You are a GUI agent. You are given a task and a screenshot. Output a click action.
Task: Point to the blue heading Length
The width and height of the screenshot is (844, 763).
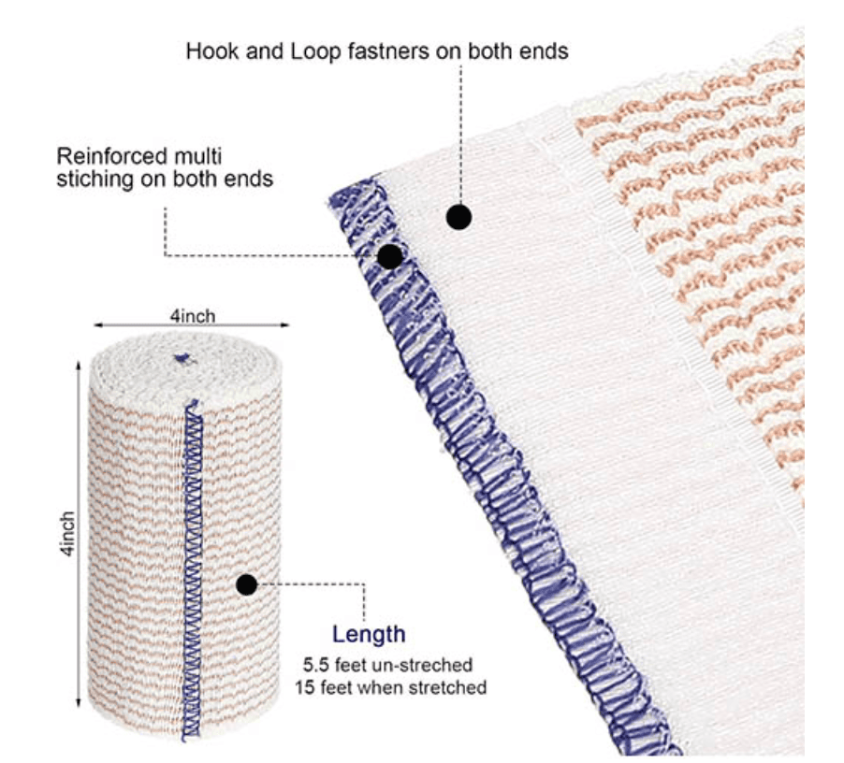click(369, 635)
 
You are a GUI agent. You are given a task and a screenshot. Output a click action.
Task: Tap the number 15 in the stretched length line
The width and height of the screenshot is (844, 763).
click(306, 687)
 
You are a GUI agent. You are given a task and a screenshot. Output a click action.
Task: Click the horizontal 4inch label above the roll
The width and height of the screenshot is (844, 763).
click(193, 316)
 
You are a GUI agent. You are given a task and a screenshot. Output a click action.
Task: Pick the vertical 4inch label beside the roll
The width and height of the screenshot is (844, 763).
click(67, 534)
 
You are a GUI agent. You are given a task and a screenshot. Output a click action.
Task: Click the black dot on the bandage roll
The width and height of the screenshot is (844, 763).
click(246, 585)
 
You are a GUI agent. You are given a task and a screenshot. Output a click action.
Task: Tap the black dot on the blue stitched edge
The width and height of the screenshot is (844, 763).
click(389, 256)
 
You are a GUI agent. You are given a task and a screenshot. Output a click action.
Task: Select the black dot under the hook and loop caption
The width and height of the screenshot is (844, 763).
click(459, 217)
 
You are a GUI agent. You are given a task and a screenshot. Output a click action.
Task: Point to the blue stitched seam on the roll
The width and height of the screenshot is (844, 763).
click(192, 570)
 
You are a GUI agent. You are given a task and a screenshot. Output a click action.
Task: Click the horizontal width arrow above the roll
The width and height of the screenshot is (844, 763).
click(192, 324)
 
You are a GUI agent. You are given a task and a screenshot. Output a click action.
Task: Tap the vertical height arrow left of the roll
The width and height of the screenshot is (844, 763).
click(79, 535)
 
